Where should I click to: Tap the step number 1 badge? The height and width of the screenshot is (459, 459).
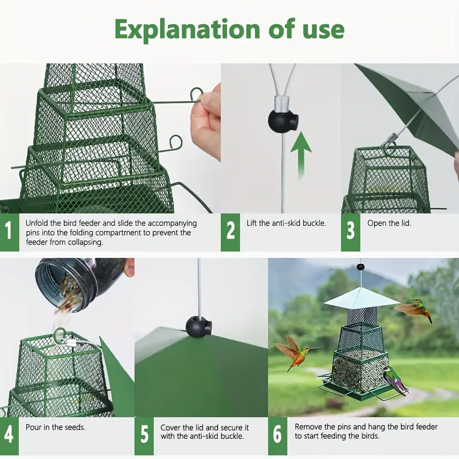click(x=9, y=232)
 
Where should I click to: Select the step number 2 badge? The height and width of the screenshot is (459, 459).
click(x=231, y=232)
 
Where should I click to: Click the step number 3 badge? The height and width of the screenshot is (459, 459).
click(x=351, y=232)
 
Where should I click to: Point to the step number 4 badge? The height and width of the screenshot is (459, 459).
click(x=9, y=437)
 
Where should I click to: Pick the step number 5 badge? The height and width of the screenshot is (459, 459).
click(x=143, y=437)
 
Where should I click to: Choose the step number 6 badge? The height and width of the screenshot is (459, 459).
click(x=278, y=437)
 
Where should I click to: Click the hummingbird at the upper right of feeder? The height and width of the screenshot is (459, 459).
click(x=415, y=309)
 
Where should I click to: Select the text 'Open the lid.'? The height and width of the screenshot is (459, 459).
click(x=390, y=223)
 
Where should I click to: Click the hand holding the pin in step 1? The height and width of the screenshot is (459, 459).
click(x=207, y=120)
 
